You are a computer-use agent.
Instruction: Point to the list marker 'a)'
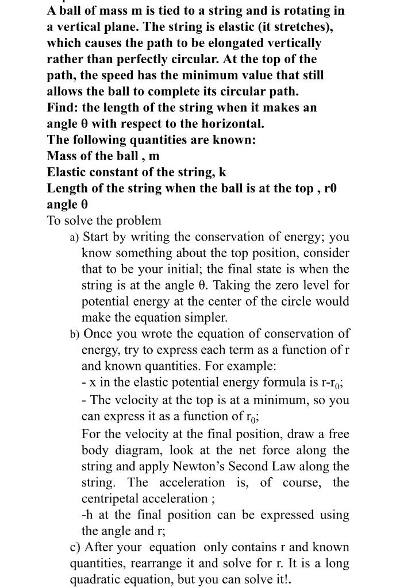tap(75, 237)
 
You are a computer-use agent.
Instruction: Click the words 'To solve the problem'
tap(104, 220)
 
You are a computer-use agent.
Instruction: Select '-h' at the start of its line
tap(88, 515)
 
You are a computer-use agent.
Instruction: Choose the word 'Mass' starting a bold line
tap(63, 156)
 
